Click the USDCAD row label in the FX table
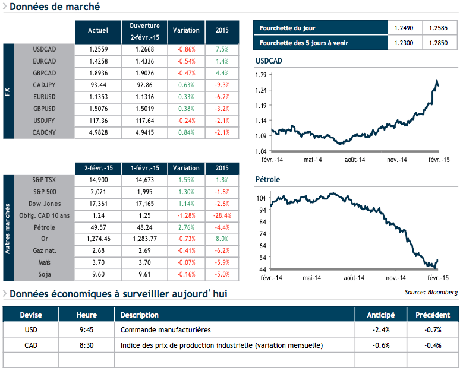pos(45,49)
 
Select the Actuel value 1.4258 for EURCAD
pos(98,61)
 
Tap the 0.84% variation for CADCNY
pos(186,132)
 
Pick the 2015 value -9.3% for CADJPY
pos(222,85)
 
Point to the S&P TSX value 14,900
pos(98,179)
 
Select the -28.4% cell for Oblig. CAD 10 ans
pos(222,215)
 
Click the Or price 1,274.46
pos(98,239)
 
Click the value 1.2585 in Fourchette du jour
pos(440,28)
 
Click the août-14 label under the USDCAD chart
pos(354,160)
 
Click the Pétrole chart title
pos(267,179)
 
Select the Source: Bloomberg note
pos(431,292)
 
